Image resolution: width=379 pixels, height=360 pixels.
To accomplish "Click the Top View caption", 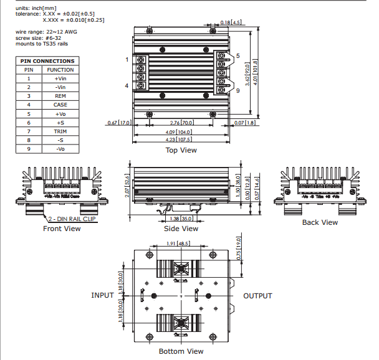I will pyautogui.click(x=181, y=150).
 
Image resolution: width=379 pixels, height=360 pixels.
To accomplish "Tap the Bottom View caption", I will pyautogui.click(x=181, y=351).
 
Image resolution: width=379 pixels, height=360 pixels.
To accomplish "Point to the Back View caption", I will pyautogui.click(x=320, y=222).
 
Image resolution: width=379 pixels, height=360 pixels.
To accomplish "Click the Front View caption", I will pyautogui.click(x=62, y=229).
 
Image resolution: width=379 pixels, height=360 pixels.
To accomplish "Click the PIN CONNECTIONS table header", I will pyautogui.click(x=47, y=61).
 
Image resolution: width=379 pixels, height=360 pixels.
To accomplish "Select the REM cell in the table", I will pyautogui.click(x=60, y=96).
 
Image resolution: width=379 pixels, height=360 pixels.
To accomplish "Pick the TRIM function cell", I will pyautogui.click(x=60, y=131).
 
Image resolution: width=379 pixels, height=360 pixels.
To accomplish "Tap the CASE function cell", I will pyautogui.click(x=60, y=105).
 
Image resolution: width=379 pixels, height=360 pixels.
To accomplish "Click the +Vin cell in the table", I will pyautogui.click(x=60, y=78).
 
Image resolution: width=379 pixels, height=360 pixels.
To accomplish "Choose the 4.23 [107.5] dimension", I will pyautogui.click(x=178, y=140).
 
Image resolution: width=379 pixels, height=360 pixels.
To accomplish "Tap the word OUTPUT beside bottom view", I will pyautogui.click(x=257, y=296).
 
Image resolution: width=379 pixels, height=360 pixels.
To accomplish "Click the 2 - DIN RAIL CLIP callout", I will pyautogui.click(x=74, y=219).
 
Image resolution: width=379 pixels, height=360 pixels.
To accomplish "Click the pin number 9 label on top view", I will pyautogui.click(x=237, y=91).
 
